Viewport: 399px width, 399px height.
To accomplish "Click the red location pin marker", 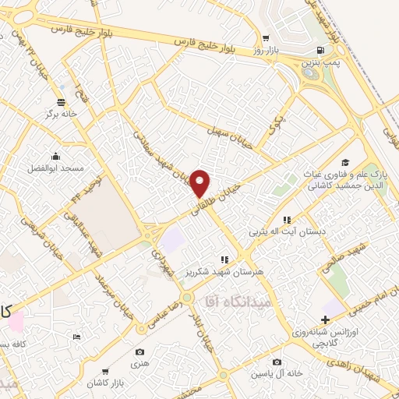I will click(x=201, y=183).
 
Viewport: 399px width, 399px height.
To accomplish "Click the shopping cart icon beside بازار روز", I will click(x=267, y=37).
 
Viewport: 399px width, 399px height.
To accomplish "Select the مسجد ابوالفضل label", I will click(x=55, y=168).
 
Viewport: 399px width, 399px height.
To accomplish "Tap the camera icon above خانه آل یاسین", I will click(x=277, y=362).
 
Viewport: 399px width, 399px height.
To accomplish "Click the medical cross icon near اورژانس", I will click(x=325, y=319).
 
